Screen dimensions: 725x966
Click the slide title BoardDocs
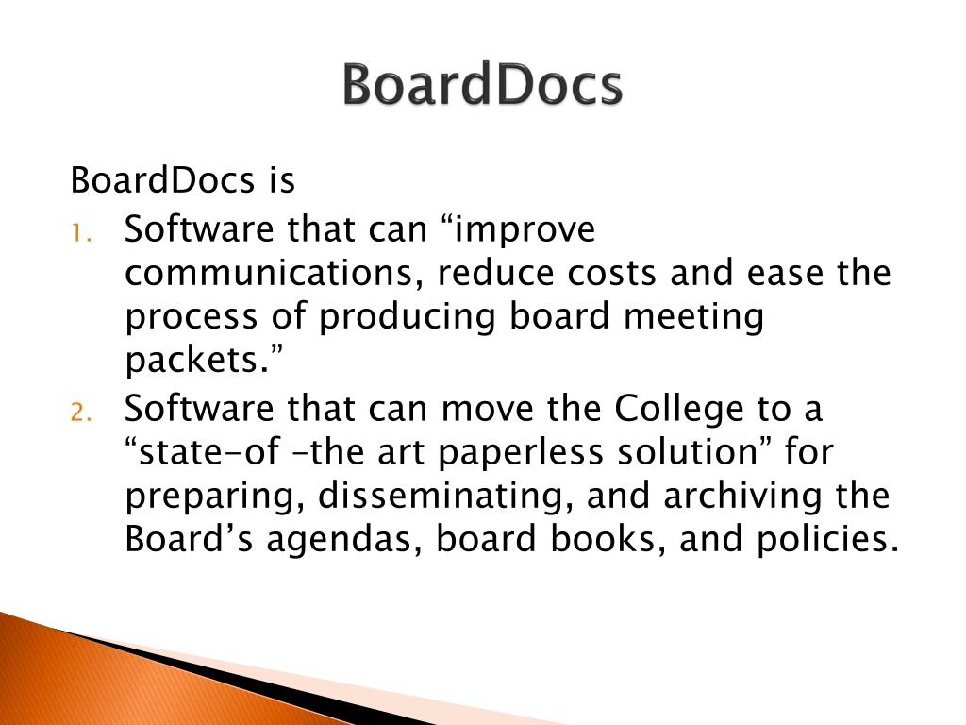[x=482, y=86]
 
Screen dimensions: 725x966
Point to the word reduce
[x=496, y=274]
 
